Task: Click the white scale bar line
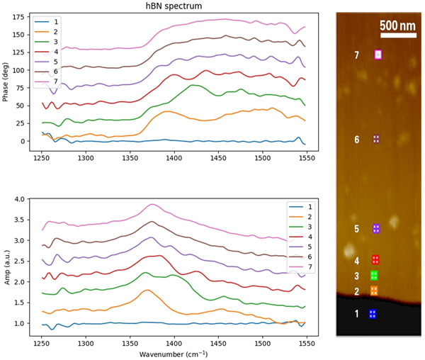397,35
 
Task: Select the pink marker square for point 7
378,54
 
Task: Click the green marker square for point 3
373,276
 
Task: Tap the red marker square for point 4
375,260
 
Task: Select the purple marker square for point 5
377,228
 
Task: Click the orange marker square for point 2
374,291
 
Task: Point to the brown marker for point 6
377,139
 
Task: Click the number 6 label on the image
357,140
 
